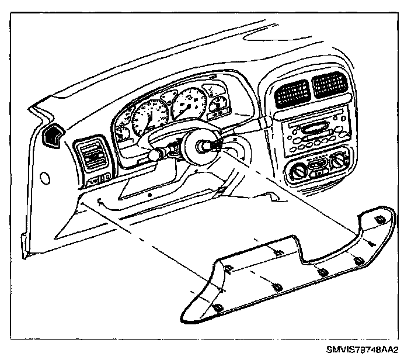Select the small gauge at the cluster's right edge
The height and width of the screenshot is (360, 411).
pos(220,106)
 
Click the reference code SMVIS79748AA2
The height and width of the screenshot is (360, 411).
pos(361,349)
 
